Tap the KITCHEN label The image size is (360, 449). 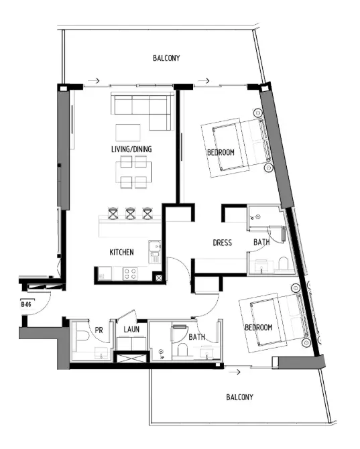coord(122,253)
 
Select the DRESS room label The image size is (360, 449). coord(222,242)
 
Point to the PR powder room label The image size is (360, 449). coord(99,329)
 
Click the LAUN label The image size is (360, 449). coord(131,329)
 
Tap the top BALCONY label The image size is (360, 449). coord(167,59)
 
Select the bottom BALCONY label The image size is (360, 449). coord(239,397)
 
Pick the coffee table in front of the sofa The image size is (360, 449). coord(129,131)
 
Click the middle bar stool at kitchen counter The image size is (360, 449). coord(131,213)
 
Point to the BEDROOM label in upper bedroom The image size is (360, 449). coord(221,153)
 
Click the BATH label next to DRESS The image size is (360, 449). coord(261,242)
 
